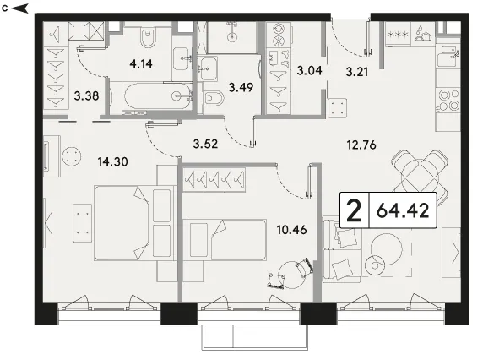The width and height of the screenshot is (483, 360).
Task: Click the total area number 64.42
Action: [403, 210]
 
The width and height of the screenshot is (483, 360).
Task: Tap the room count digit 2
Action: [354, 210]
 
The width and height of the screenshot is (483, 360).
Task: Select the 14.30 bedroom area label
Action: [113, 161]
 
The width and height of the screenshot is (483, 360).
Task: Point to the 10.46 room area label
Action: [291, 230]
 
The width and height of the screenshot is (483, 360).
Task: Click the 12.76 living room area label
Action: [361, 145]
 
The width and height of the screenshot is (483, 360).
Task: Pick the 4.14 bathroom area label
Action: [141, 63]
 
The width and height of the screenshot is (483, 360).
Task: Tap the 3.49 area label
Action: [241, 87]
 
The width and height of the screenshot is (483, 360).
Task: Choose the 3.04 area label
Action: [309, 71]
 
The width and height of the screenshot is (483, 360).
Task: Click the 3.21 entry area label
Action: [357, 72]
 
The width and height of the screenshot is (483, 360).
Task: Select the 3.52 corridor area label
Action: [205, 144]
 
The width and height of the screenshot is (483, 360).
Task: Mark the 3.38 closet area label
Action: [86, 95]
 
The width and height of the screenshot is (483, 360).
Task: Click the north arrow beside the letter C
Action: [19, 8]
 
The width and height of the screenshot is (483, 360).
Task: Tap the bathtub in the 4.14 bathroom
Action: [157, 95]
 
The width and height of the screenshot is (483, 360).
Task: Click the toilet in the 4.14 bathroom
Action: [149, 37]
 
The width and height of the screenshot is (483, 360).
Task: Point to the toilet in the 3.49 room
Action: [214, 99]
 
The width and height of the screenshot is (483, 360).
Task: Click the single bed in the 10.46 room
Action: [225, 240]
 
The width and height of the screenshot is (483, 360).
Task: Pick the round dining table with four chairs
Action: [420, 177]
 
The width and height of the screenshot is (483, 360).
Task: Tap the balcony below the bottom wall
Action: [255, 337]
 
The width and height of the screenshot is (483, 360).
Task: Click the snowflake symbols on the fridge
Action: [398, 34]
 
